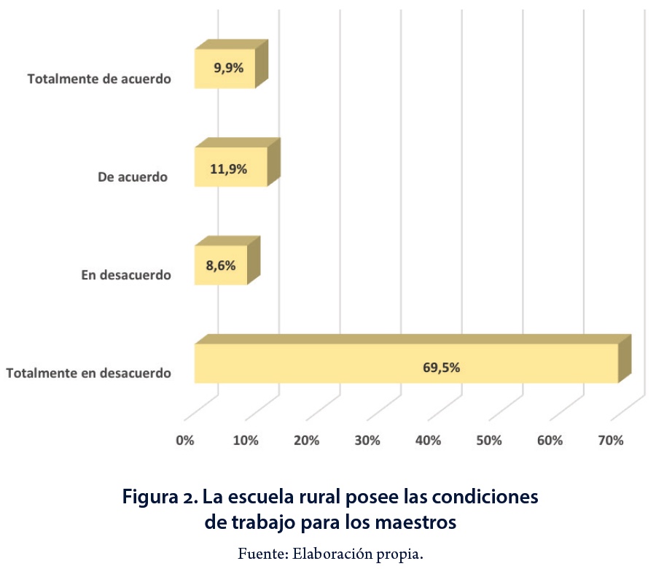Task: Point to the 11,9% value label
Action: click(229, 169)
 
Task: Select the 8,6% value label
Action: click(221, 266)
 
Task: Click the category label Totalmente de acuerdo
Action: click(99, 78)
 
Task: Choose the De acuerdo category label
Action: click(133, 177)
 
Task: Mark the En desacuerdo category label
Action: click(125, 275)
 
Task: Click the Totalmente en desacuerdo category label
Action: click(89, 373)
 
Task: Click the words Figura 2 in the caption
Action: click(160, 498)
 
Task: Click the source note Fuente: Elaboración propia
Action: click(330, 553)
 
